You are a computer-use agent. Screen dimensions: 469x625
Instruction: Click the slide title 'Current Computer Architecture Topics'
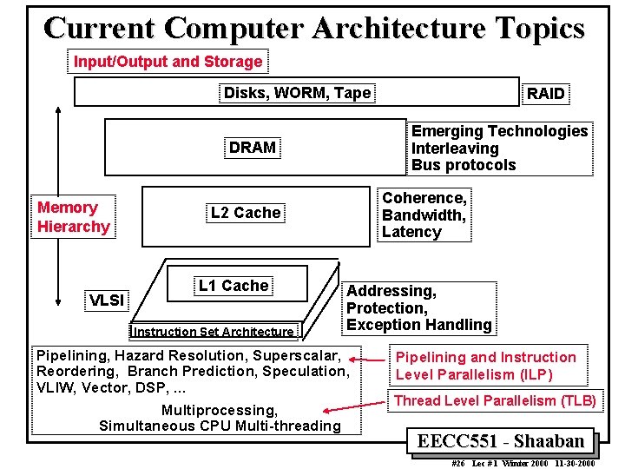[313, 28]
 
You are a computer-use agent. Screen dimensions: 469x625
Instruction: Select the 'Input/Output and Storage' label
[168, 62]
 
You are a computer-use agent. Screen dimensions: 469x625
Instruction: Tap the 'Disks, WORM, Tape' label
[297, 93]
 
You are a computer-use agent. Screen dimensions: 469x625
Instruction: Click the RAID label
[546, 94]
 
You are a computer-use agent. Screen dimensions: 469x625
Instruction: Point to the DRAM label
[252, 148]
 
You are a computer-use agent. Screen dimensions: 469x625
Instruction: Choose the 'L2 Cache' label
[246, 213]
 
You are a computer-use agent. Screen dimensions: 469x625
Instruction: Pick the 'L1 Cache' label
[234, 286]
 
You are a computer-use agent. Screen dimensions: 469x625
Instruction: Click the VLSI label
[107, 301]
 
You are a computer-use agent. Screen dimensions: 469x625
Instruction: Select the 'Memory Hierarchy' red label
[73, 217]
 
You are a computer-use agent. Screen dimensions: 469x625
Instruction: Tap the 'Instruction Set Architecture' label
[213, 331]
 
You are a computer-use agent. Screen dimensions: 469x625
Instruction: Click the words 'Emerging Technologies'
[499, 131]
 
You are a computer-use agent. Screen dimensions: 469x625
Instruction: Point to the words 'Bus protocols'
[464, 165]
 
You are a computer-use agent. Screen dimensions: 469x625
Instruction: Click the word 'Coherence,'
[424, 198]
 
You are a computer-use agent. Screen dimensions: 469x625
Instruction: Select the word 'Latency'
[411, 232]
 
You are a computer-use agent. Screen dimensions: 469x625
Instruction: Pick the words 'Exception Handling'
[418, 325]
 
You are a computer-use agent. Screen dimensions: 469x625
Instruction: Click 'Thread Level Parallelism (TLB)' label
[495, 400]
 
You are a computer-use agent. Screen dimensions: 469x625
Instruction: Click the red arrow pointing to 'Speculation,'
[376, 359]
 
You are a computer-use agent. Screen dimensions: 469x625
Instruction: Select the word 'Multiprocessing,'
[220, 410]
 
